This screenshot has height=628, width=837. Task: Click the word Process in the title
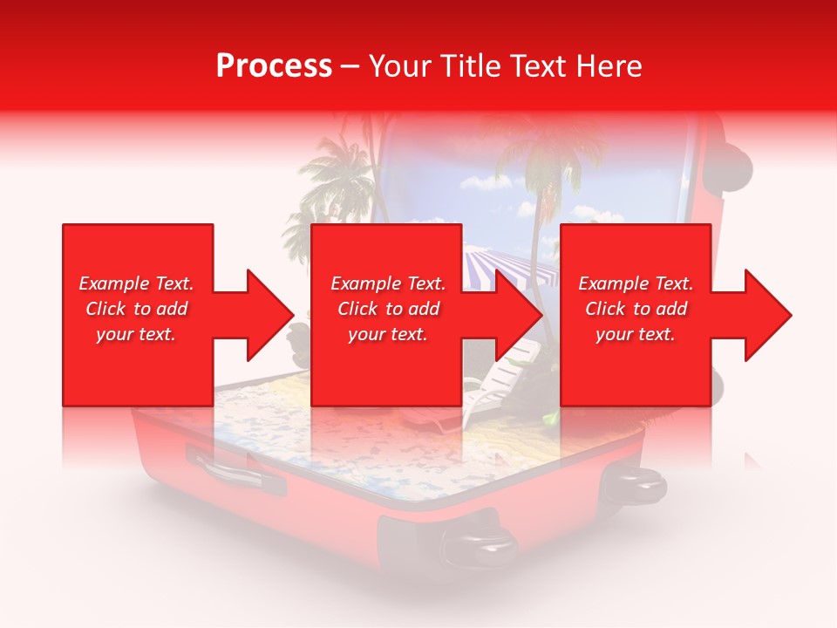pos(274,66)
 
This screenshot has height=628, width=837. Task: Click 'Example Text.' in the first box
pos(137,283)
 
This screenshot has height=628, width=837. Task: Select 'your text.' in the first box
pos(137,334)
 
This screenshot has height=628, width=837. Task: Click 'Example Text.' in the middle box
pos(388,283)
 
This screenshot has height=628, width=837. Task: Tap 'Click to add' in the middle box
pos(388,309)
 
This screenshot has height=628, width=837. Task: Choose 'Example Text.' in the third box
pos(636,283)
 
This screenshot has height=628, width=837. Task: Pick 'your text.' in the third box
pos(636,334)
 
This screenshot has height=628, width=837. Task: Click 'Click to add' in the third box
pos(636,309)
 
